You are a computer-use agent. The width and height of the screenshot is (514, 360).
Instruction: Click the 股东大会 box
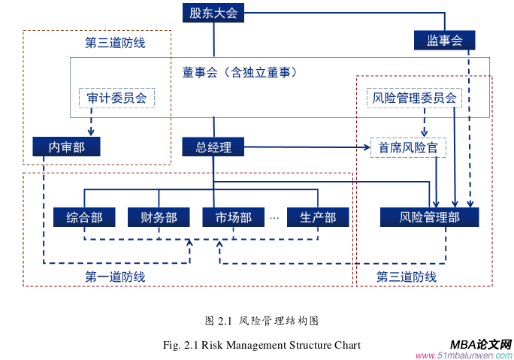point(214,13)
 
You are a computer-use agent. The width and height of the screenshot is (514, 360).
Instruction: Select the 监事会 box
point(444,41)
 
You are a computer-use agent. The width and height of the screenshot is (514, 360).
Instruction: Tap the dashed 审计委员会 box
point(116,98)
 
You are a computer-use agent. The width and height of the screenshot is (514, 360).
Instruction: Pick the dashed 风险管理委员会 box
point(414,98)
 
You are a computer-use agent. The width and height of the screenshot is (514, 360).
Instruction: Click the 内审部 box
point(66,147)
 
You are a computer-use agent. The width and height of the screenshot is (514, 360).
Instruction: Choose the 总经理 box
point(214,147)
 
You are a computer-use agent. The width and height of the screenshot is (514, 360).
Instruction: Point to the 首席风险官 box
point(408,147)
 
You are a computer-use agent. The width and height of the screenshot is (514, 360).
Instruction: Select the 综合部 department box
point(84,217)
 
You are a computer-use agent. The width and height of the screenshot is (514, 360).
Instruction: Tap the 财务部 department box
point(159,217)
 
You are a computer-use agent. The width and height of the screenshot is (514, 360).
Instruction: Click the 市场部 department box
point(234,217)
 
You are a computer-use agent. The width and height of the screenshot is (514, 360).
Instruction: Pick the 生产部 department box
point(318,217)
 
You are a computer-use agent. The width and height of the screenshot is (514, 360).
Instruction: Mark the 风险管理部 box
point(429,217)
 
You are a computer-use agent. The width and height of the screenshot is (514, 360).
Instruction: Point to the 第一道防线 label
point(115,277)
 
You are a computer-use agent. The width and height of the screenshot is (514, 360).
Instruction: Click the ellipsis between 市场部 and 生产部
point(275,217)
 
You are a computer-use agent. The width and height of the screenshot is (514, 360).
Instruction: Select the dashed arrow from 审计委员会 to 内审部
point(91,122)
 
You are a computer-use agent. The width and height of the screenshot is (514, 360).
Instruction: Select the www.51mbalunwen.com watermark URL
point(464,355)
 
